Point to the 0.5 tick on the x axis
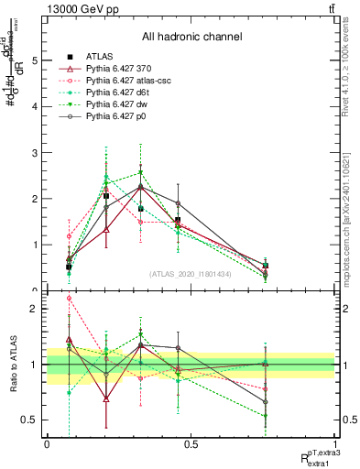coord(191,444)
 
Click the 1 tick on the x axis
coord(335,444)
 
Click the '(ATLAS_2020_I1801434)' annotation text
coord(191,274)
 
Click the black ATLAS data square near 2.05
coord(106,196)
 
